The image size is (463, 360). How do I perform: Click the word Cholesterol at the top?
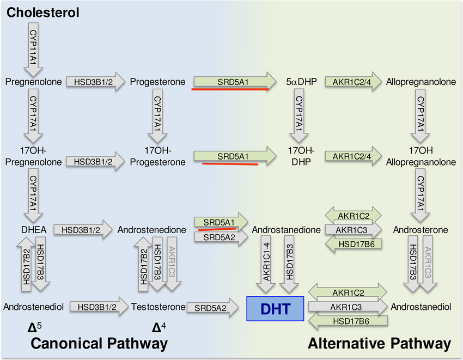pos(44,12)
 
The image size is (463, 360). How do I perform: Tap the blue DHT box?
pos(275,309)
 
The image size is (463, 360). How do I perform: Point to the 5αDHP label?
pos(297,82)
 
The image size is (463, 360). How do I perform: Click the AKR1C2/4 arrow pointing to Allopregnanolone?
pos(351,82)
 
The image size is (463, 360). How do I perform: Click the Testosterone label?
pos(158,307)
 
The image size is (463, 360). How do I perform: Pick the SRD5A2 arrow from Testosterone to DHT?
pos(214,308)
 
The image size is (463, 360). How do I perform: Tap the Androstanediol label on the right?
pos(421,307)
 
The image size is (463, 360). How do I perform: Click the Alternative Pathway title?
pos(379,343)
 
